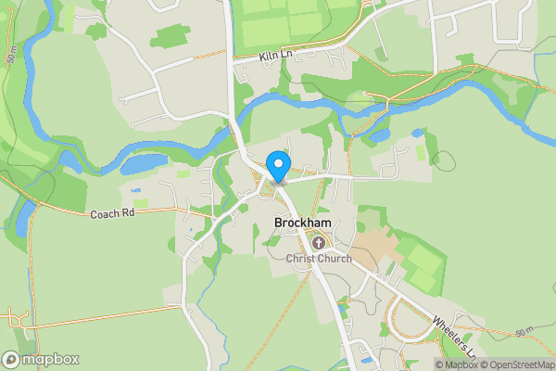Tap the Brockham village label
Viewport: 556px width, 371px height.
click(302, 224)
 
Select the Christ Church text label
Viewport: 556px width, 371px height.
click(319, 259)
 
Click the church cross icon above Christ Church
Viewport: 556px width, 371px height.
click(319, 243)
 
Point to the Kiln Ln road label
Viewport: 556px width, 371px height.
click(276, 58)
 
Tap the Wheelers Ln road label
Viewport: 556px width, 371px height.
click(453, 336)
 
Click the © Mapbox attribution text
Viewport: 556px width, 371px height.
click(459, 365)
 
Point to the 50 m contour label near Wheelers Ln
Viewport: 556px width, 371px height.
click(524, 332)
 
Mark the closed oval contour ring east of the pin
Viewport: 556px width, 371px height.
click(445, 160)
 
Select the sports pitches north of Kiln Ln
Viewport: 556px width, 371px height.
click(287, 23)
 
